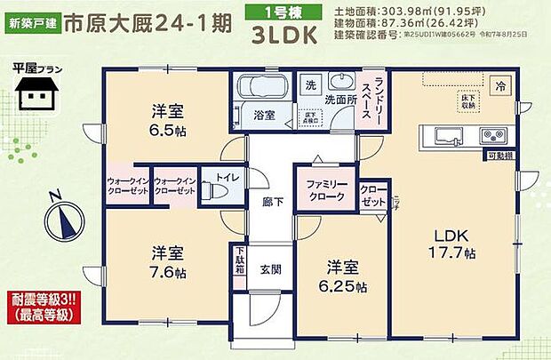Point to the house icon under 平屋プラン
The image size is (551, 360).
coord(38,90)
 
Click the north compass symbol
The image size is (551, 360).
coord(62,216)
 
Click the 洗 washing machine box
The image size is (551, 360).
coord(310,85)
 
